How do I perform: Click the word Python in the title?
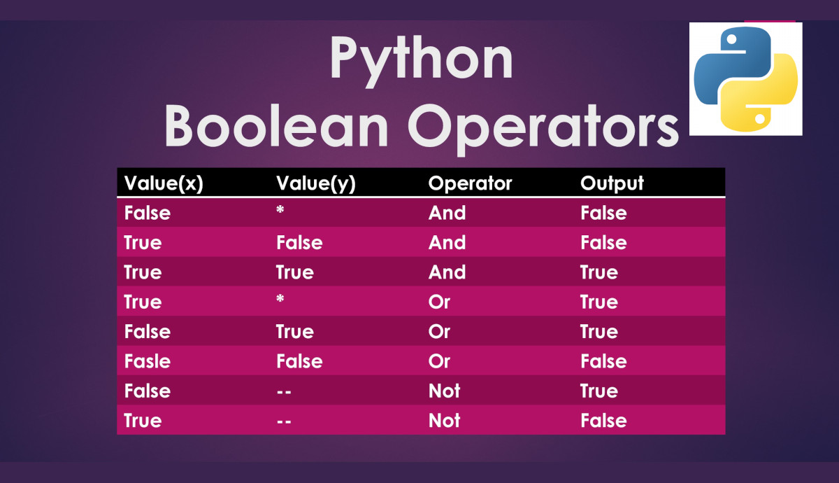point(421,59)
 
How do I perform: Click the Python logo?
point(745,79)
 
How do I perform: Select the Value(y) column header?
point(316,183)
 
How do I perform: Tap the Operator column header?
point(470,183)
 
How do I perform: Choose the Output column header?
point(612,183)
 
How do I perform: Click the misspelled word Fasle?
point(147,361)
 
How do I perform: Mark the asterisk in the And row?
point(280,211)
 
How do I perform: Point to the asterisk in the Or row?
point(280,300)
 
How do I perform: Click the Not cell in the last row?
point(444,421)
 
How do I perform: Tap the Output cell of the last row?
point(603,421)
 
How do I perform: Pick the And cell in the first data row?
point(447,213)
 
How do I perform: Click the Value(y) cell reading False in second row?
point(299,243)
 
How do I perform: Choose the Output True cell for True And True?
point(598,272)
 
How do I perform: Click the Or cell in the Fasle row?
point(439,361)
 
